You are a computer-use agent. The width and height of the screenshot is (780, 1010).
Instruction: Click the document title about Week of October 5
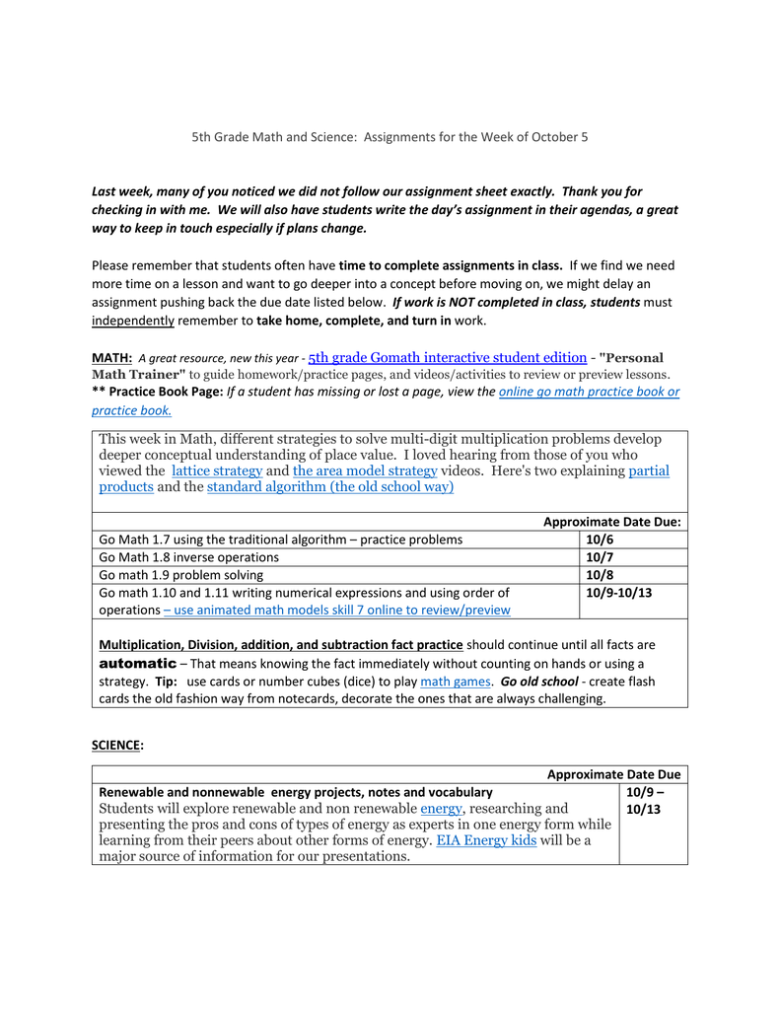390,136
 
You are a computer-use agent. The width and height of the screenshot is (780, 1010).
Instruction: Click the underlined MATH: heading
111,358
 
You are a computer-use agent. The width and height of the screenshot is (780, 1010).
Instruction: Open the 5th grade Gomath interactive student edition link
447,358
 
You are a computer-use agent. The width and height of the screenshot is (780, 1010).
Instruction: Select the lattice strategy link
217,470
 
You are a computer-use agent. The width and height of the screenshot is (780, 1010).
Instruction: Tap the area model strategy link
365,470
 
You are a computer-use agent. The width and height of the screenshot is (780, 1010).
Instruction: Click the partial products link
649,470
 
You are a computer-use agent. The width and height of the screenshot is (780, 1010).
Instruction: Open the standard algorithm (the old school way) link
330,487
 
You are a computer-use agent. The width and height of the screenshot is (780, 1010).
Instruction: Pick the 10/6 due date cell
600,540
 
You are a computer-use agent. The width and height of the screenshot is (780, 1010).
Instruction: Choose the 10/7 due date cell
600,557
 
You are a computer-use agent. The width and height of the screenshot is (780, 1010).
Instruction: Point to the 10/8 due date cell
600,575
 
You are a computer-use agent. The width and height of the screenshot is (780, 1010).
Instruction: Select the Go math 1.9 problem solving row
181,575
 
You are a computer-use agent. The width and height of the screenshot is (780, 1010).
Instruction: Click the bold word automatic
138,663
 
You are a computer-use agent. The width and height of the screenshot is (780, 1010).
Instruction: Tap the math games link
456,682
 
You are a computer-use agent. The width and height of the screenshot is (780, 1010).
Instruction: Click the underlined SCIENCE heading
116,746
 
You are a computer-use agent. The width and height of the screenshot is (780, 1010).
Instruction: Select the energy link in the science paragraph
441,808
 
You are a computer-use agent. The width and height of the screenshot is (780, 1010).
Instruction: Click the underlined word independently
132,321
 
